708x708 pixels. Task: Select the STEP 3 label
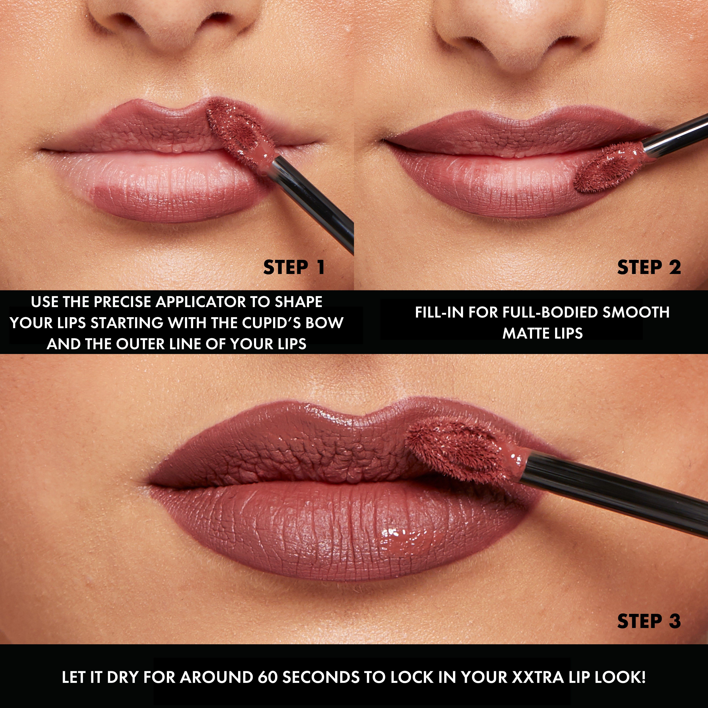(649, 621)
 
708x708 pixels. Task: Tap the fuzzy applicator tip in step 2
(605, 169)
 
